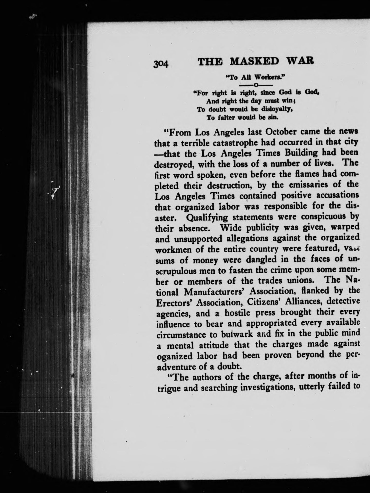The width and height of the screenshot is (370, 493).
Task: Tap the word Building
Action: click(x=294, y=152)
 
